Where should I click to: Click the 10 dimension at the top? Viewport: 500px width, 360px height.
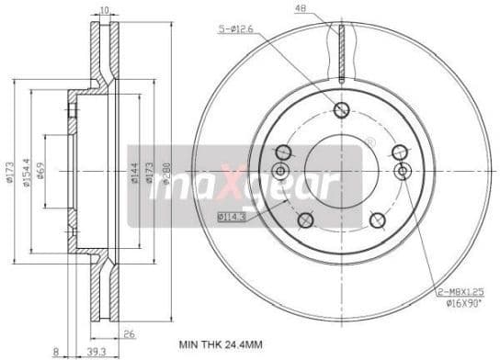tap(106, 10)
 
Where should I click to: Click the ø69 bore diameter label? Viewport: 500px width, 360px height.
tap(52, 171)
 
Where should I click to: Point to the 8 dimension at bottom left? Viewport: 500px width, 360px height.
tap(56, 351)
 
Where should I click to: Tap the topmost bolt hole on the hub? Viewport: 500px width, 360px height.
tap(341, 110)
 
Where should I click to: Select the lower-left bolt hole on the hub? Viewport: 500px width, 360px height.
tap(305, 219)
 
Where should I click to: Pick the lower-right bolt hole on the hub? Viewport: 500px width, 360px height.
tap(377, 219)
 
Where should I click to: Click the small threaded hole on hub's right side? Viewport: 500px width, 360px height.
tap(401, 172)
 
